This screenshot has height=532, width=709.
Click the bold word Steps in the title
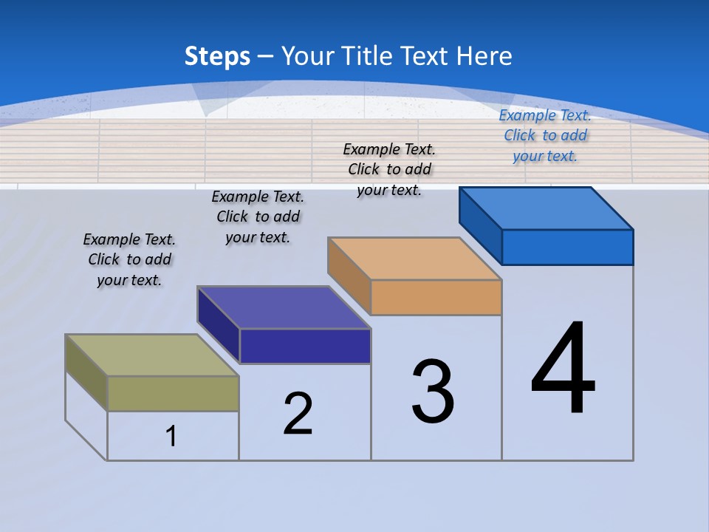coord(217,56)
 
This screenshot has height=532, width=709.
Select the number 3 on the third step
coord(433,392)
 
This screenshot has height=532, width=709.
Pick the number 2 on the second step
coord(298,414)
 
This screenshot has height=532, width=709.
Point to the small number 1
coord(171,436)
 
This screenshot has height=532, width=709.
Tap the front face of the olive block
coord(173,393)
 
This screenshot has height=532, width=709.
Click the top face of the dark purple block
coord(284,307)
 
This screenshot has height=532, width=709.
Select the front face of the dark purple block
coord(305,346)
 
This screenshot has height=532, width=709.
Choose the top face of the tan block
coord(414,259)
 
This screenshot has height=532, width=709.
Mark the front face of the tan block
coord(436,297)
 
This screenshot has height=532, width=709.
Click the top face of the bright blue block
coord(546,208)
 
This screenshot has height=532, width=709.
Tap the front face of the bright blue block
coord(567,247)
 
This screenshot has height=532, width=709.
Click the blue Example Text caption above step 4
coord(545,135)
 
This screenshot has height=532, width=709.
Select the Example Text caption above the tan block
coord(389,169)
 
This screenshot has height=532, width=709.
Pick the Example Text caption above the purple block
coord(258,216)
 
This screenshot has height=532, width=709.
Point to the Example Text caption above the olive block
coord(129,259)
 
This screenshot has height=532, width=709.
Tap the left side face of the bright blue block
coord(480,225)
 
